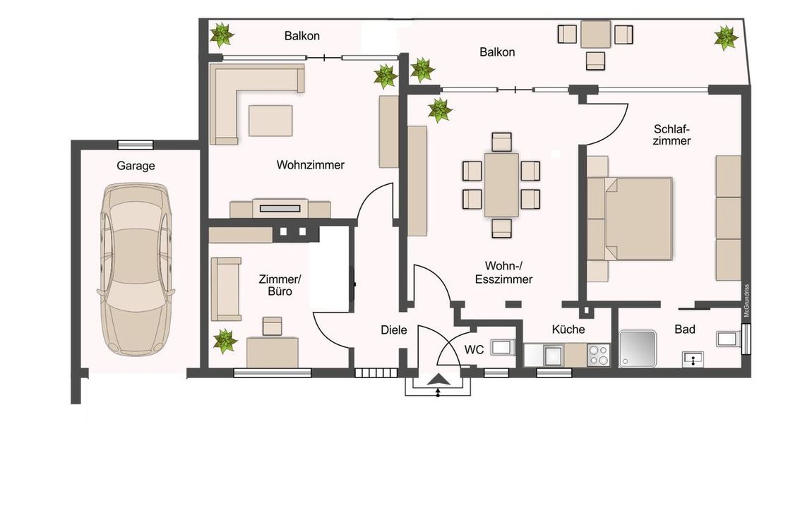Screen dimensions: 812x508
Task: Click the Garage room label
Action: (x=136, y=166)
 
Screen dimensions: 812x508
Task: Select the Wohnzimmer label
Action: (x=310, y=165)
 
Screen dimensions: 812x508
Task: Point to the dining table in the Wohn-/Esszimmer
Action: (x=501, y=185)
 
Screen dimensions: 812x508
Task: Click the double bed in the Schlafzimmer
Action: (x=630, y=219)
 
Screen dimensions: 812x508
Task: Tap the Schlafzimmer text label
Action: (x=671, y=135)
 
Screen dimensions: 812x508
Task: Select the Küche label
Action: (x=568, y=329)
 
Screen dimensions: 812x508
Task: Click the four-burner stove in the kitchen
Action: (x=599, y=355)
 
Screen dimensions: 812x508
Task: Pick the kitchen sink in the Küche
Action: (x=553, y=355)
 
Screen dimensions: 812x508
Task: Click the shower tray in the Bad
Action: (x=638, y=349)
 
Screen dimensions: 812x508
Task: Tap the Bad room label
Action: (x=685, y=329)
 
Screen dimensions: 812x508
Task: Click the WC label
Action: (x=474, y=350)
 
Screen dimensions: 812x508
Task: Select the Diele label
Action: (x=393, y=330)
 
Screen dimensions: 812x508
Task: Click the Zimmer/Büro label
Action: (x=280, y=286)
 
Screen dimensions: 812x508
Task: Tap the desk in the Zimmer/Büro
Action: (x=273, y=353)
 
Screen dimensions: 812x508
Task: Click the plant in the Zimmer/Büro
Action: (x=225, y=341)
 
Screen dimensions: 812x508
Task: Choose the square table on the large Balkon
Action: (x=595, y=34)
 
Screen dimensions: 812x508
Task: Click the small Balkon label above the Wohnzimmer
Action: (x=302, y=36)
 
